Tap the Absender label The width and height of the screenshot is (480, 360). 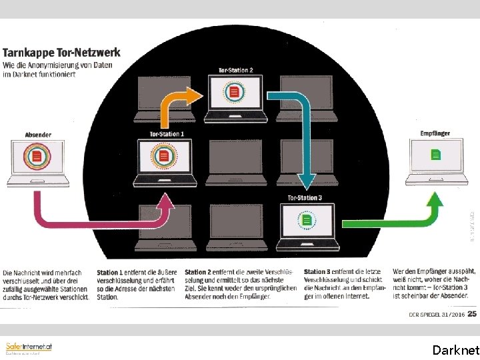[38, 134]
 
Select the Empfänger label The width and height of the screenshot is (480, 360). [435, 133]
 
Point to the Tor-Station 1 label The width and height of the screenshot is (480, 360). [167, 134]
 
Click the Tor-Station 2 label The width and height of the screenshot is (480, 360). [235, 70]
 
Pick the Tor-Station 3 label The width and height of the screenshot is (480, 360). [305, 198]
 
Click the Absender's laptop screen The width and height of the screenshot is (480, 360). [37, 157]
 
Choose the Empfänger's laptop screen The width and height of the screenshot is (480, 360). [435, 155]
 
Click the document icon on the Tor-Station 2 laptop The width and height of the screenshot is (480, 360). [235, 92]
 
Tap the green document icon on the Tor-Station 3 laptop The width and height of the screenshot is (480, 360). [307, 219]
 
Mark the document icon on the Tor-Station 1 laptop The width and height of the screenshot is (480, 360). [163, 157]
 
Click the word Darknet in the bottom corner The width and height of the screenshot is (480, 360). [455, 349]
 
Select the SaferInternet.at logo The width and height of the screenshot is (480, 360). [28, 347]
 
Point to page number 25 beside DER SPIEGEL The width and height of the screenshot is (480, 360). [471, 313]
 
